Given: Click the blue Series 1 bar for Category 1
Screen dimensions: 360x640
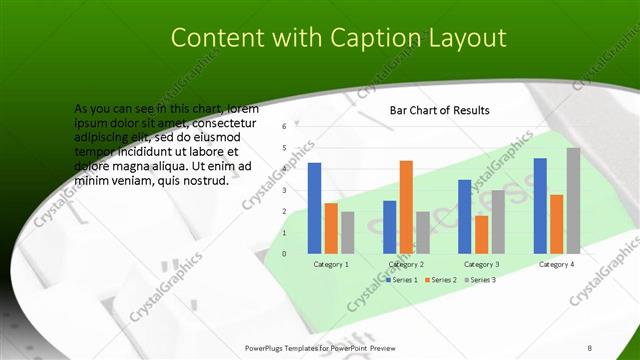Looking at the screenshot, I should pyautogui.click(x=314, y=208).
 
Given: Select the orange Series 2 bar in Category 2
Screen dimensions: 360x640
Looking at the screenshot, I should pyautogui.click(x=406, y=207).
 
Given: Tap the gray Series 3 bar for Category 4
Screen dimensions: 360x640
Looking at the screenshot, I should pyautogui.click(x=573, y=200).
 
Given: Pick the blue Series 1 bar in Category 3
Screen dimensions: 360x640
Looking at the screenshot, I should pyautogui.click(x=464, y=216).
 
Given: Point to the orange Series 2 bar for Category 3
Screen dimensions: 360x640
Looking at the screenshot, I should pyautogui.click(x=481, y=234).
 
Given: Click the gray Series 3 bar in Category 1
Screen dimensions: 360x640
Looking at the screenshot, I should pyautogui.click(x=347, y=232).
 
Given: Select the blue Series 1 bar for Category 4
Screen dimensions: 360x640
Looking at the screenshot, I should pyautogui.click(x=540, y=205).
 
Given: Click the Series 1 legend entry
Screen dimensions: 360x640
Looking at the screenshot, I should pyautogui.click(x=403, y=280).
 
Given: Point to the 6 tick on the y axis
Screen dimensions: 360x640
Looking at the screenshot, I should pyautogui.click(x=285, y=126).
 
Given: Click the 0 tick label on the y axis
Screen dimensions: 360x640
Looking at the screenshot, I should pyautogui.click(x=285, y=253).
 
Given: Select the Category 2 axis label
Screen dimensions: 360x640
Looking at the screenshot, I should pyautogui.click(x=406, y=265).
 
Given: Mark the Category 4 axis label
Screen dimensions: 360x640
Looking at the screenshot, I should pyautogui.click(x=557, y=265).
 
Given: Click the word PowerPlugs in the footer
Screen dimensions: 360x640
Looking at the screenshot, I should pyautogui.click(x=265, y=347).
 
